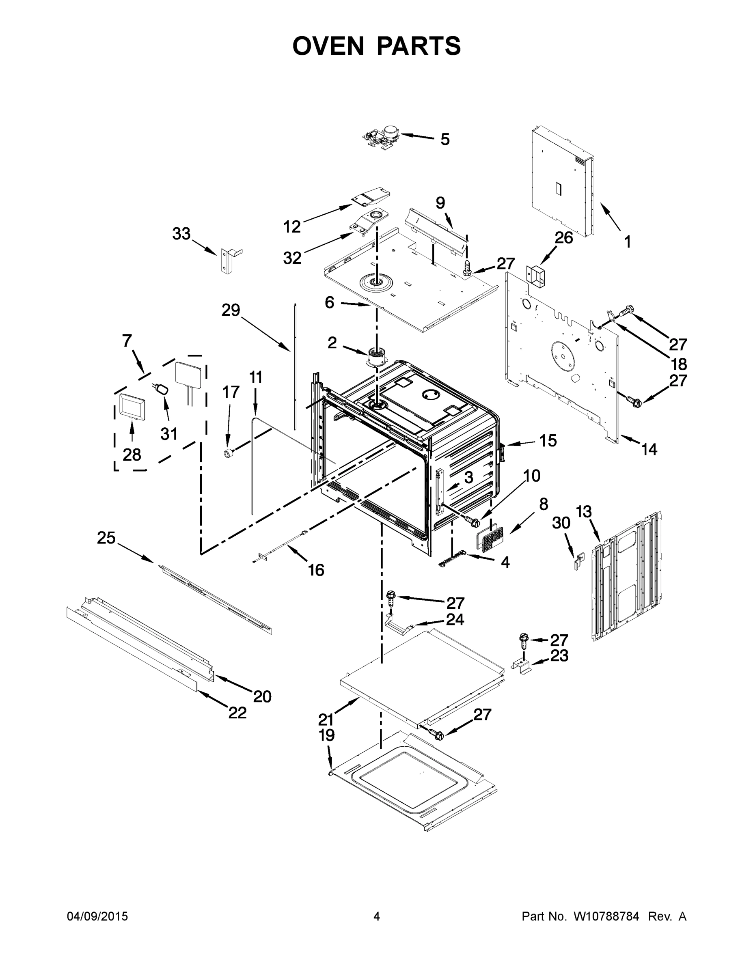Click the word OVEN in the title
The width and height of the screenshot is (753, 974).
pyautogui.click(x=328, y=46)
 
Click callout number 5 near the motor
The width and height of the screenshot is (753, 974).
pyautogui.click(x=445, y=140)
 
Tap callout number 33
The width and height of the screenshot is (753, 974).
pyautogui.click(x=181, y=234)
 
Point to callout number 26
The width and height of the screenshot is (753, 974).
pyautogui.click(x=563, y=238)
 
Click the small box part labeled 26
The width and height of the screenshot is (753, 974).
pyautogui.click(x=536, y=276)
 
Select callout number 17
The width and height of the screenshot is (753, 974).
pyautogui.click(x=231, y=392)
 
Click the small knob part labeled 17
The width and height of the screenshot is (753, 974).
pyautogui.click(x=229, y=454)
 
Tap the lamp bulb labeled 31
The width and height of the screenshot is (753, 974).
pyautogui.click(x=162, y=389)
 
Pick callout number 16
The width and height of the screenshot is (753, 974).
pyautogui.click(x=316, y=570)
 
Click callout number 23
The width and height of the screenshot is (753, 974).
pyautogui.click(x=559, y=655)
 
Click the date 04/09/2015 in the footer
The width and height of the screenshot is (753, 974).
pyautogui.click(x=97, y=916)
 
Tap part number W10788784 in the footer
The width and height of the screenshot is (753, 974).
pyautogui.click(x=606, y=916)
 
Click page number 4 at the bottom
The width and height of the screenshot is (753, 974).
pyautogui.click(x=377, y=916)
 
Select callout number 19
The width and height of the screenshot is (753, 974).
pyautogui.click(x=326, y=735)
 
